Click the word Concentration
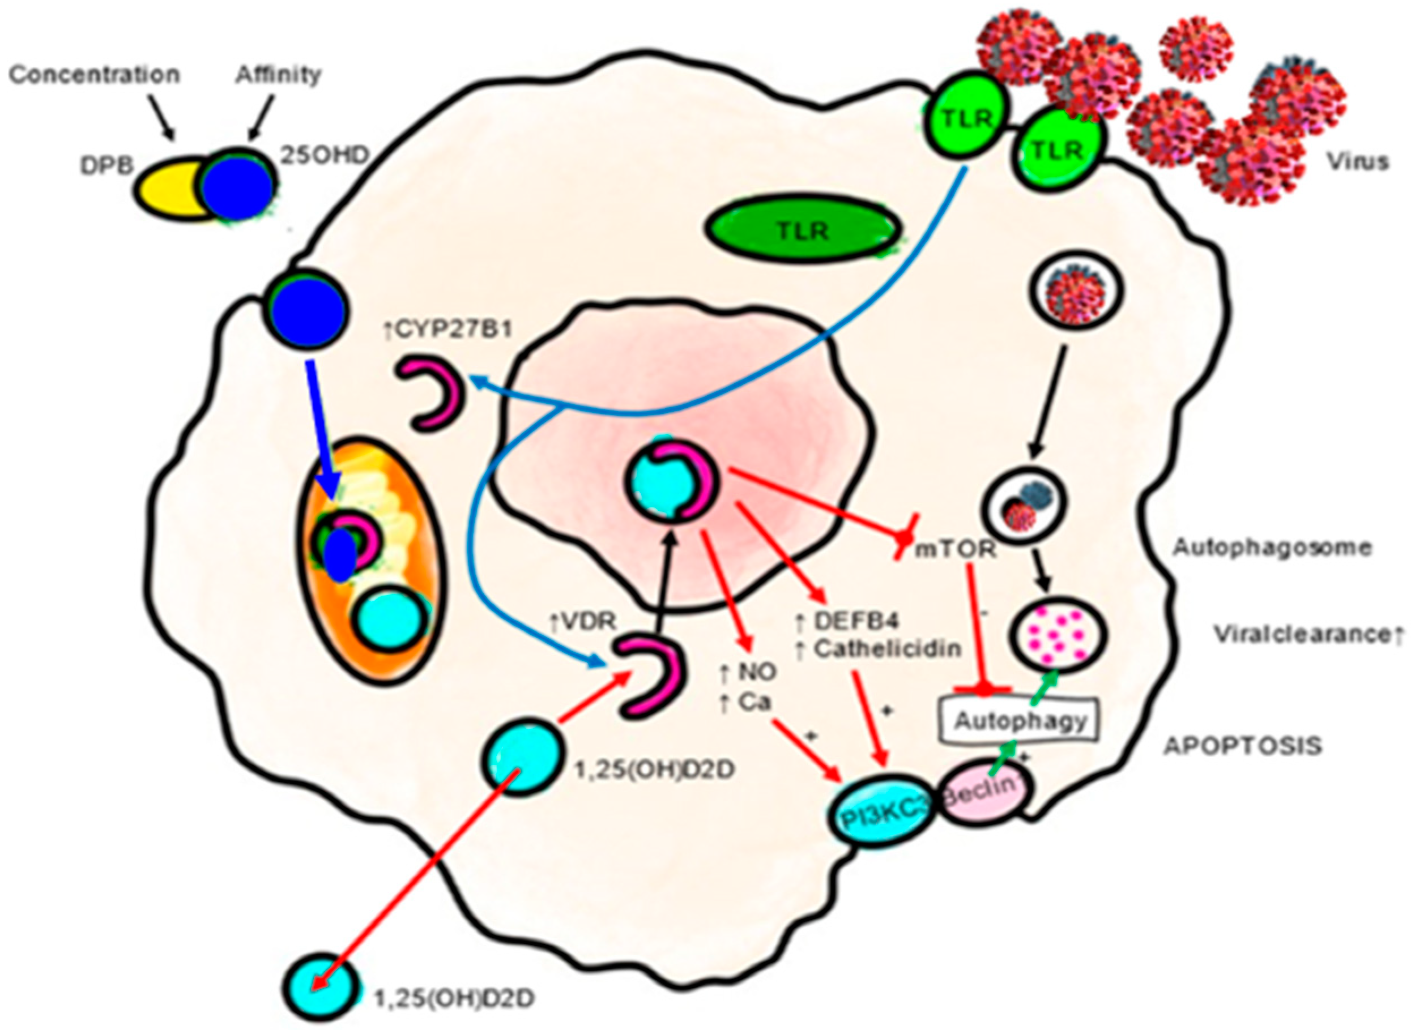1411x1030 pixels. (95, 75)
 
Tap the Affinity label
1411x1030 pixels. (278, 75)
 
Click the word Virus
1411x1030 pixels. (1357, 162)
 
